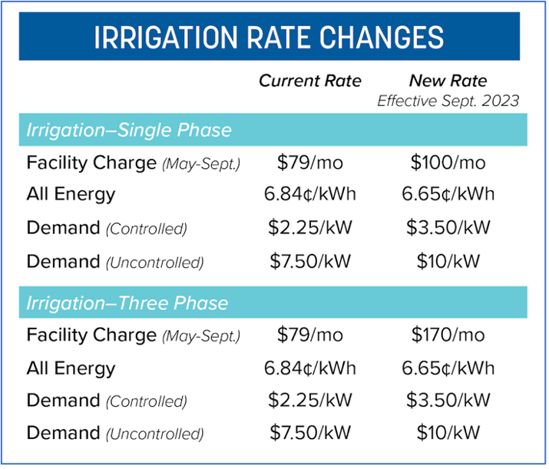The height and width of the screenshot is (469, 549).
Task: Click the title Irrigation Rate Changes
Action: point(268,37)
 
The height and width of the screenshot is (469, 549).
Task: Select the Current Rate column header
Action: point(309,81)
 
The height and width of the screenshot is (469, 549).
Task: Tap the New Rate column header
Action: point(448,81)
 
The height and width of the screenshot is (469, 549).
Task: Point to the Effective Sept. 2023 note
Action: point(448,101)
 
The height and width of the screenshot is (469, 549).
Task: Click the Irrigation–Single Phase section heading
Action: point(129,130)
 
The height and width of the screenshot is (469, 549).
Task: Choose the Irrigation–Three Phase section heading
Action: point(127,302)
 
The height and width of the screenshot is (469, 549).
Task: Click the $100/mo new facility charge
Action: point(448,163)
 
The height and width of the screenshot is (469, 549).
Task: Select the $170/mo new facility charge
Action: point(448,335)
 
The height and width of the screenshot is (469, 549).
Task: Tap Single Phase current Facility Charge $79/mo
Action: point(309,163)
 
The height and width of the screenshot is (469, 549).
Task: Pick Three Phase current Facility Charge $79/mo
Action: point(309,335)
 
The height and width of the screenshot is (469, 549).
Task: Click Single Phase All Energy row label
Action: point(71,195)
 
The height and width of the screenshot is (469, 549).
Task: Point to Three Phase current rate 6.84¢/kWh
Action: point(309,368)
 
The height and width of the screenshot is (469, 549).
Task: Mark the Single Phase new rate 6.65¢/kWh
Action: point(448,195)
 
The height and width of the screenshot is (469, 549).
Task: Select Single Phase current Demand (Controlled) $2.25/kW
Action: point(309,228)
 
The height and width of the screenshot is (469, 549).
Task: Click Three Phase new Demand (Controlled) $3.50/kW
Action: point(448,401)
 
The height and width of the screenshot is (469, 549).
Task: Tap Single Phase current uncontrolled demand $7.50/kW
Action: point(309,261)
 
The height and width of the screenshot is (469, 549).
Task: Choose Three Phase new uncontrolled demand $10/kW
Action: point(448,433)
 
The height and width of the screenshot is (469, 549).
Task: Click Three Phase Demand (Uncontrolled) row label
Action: point(115,433)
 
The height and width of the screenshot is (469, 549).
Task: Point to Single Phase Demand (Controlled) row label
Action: point(107,228)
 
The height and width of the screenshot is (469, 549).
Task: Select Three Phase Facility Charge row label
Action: point(133,335)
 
